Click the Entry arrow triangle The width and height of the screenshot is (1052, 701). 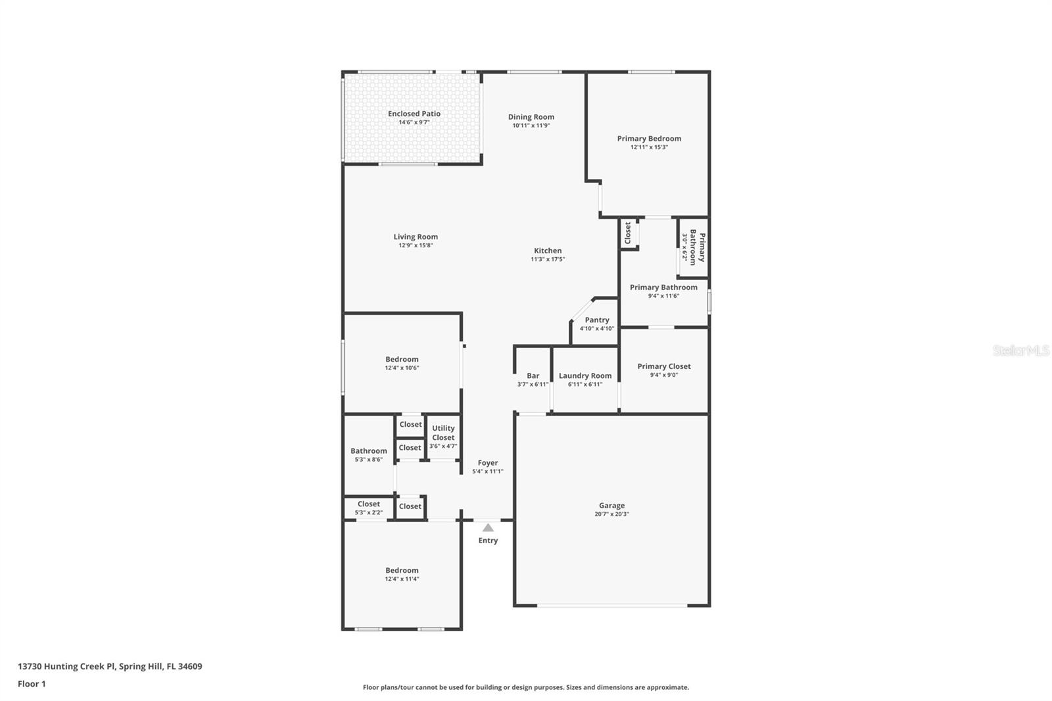[x=488, y=527]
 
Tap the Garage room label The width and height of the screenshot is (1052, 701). [x=611, y=506]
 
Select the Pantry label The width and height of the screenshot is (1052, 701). [x=597, y=320]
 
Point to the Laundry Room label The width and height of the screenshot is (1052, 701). [x=585, y=376]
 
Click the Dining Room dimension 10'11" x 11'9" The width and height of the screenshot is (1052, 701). [x=531, y=126]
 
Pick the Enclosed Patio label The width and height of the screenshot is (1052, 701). [x=414, y=114]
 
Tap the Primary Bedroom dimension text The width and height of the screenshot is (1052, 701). [x=649, y=147]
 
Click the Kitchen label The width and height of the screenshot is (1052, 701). [x=548, y=251]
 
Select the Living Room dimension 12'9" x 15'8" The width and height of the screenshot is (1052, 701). [x=416, y=245]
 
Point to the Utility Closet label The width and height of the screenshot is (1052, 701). [x=443, y=433]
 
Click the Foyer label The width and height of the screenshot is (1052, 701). [x=488, y=463]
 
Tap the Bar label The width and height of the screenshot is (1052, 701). [x=533, y=376]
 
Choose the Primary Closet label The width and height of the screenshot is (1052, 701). [x=664, y=366]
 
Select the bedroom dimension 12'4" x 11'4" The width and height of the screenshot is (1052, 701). [x=402, y=579]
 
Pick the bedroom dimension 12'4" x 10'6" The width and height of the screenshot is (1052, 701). [x=402, y=368]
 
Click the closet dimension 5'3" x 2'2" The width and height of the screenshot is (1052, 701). [x=369, y=512]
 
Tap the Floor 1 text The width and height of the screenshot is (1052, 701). [x=32, y=684]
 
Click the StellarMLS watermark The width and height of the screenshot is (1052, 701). [x=1020, y=350]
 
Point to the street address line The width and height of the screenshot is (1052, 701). [x=110, y=666]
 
